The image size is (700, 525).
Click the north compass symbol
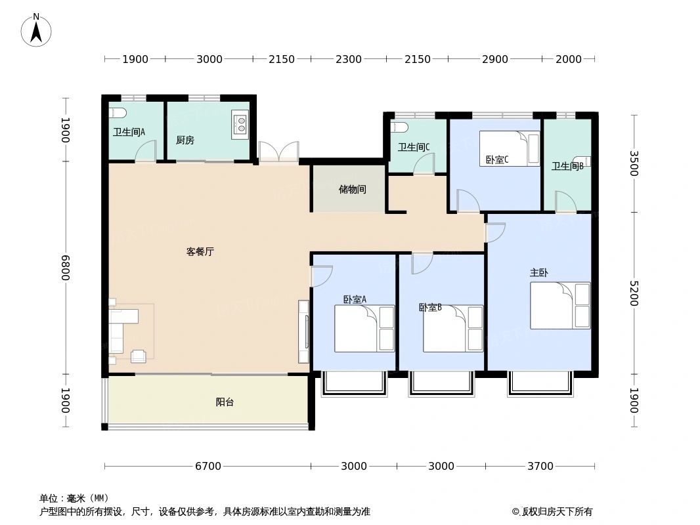[x=36, y=30]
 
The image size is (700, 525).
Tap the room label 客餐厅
[x=200, y=251]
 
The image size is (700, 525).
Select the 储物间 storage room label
[x=353, y=190]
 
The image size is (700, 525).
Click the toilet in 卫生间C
[x=401, y=127]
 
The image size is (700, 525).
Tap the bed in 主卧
[x=560, y=305]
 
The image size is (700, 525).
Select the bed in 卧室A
[x=364, y=328]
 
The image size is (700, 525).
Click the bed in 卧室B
[x=453, y=328]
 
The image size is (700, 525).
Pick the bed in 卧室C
[x=510, y=148]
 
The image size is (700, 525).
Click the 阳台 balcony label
[x=225, y=402]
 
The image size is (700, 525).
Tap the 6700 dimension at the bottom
[x=208, y=467]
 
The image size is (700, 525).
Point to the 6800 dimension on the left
[x=66, y=268]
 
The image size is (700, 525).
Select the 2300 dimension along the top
[x=349, y=60]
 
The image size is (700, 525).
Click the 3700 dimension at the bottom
[x=540, y=467]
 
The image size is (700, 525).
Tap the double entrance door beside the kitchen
[x=278, y=152]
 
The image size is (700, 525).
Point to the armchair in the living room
[x=139, y=356]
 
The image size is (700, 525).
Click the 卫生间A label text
[x=129, y=132]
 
